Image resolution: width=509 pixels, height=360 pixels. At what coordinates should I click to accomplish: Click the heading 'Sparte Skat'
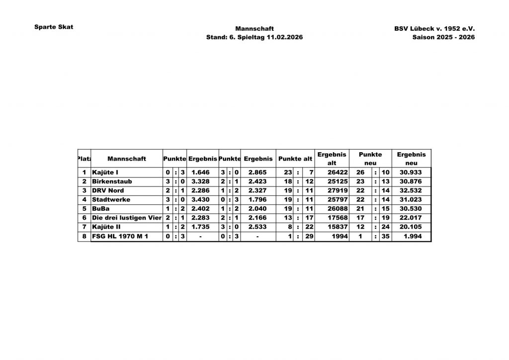(54, 27)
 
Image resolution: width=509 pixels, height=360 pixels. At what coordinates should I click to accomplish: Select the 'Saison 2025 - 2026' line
(443, 37)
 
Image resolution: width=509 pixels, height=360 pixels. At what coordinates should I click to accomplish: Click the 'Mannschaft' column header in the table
(126, 159)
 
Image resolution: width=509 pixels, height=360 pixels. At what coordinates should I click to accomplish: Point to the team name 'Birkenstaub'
(112, 181)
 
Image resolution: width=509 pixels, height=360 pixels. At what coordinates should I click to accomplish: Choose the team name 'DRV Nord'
(108, 190)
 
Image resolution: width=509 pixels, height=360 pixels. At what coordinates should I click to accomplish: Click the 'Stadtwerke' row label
(111, 199)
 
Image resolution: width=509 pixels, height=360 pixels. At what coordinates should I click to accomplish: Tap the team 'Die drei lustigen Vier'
(127, 218)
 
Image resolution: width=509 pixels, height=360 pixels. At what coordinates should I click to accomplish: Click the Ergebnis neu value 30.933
(411, 172)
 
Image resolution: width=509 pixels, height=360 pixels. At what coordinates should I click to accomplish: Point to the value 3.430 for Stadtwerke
(202, 199)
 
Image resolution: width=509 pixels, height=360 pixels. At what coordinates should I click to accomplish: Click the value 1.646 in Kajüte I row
(202, 172)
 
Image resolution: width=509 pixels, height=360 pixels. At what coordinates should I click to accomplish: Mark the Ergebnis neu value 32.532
(411, 190)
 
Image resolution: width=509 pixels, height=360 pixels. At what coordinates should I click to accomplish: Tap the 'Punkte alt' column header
(295, 159)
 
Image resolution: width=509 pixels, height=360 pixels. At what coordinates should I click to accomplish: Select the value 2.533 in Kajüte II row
(258, 227)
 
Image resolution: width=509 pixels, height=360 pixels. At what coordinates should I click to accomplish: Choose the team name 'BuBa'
(101, 209)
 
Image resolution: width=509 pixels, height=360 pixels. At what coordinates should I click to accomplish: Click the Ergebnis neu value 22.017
(411, 218)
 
